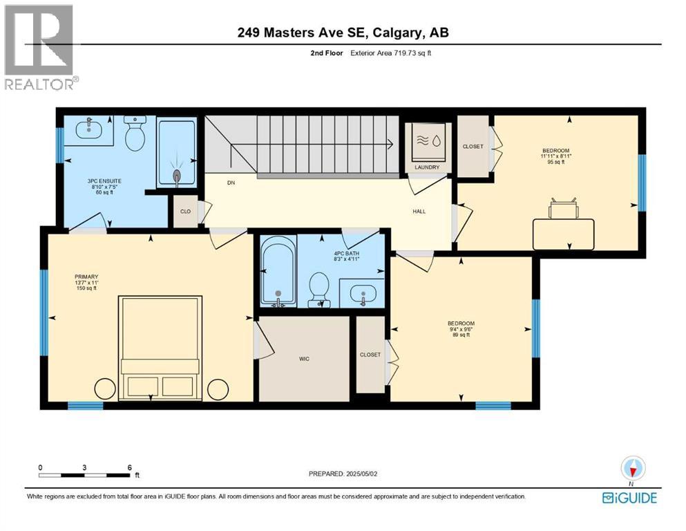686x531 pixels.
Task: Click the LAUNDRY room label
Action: click(x=427, y=168)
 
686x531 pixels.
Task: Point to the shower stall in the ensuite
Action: click(x=177, y=152)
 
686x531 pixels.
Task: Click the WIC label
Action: click(x=303, y=359)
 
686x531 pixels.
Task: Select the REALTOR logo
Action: click(x=40, y=47)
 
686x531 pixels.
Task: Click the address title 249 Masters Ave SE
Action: click(x=343, y=32)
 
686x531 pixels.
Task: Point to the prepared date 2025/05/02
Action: click(x=343, y=474)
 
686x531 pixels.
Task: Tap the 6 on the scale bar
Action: click(x=129, y=467)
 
